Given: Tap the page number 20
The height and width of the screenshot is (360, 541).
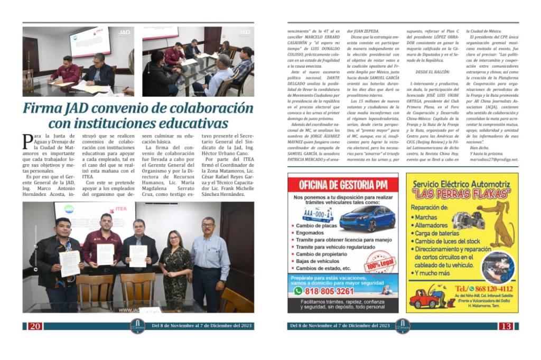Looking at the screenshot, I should [x=35, y=326].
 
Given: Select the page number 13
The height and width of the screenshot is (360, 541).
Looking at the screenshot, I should [x=506, y=326].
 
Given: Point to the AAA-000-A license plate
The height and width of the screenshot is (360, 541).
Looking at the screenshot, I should [x=318, y=215].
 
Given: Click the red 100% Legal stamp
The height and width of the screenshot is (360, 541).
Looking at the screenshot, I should [x=378, y=261].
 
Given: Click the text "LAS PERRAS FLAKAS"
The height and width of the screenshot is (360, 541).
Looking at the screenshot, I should [x=462, y=194].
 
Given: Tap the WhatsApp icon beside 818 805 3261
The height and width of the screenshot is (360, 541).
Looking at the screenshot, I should [x=299, y=291].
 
